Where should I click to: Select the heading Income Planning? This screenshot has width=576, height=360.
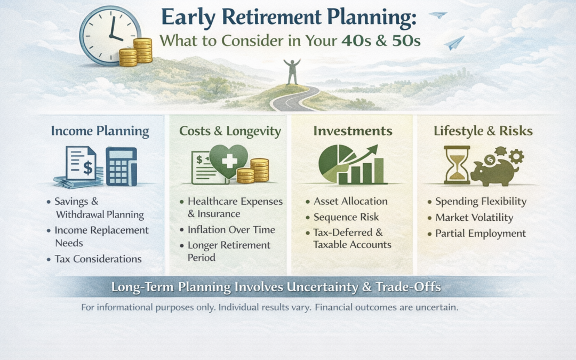(100, 131)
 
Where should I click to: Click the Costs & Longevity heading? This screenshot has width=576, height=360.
(230, 131)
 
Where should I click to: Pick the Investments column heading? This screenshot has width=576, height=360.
(353, 131)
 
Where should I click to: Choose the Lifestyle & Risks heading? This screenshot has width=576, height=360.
(483, 131)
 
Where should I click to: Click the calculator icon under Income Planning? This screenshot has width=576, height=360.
(121, 166)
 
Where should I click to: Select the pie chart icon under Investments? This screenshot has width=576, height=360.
(337, 162)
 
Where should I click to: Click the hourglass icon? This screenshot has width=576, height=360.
(457, 165)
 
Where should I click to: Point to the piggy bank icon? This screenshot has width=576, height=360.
(493, 171)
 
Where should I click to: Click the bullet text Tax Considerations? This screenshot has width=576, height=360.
(98, 259)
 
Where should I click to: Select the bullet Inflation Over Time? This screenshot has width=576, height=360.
(231, 230)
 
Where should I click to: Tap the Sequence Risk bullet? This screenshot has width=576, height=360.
(346, 217)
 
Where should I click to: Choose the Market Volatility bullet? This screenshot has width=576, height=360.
(474, 218)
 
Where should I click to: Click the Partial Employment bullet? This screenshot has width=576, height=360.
(480, 234)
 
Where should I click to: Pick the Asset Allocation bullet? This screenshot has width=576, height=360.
(350, 201)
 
